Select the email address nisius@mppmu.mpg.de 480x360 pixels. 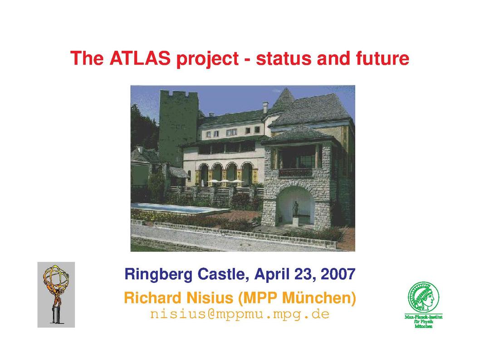[240, 314]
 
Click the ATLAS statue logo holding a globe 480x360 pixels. [56, 295]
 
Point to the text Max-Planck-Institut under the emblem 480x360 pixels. [423, 317]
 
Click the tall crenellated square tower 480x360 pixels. [178, 128]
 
